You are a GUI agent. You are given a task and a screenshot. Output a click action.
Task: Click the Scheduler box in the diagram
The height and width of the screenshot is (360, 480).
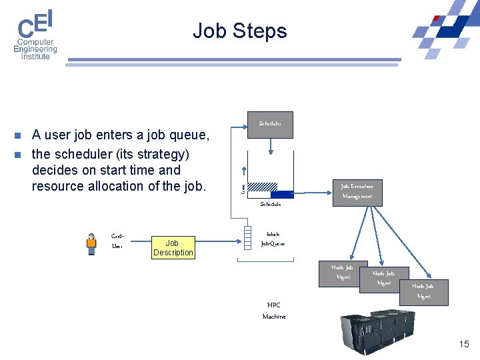pos(270,124)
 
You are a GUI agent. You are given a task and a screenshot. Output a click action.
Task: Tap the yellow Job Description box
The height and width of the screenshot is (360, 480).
pos(173,247)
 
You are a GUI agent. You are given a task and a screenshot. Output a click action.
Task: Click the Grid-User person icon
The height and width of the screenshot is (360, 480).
pos(92,244)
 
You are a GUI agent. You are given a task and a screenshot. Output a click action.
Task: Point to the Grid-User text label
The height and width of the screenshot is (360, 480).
pos(117,241)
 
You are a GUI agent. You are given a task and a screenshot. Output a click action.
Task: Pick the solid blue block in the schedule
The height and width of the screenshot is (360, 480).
pos(282,194)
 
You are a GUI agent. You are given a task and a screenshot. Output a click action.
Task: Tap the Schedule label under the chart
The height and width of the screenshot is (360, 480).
pos(270,204)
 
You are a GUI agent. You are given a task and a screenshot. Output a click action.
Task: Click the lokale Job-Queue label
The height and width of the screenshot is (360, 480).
pos(273,239)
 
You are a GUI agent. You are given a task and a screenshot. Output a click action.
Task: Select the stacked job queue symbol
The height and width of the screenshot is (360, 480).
pos(248,235)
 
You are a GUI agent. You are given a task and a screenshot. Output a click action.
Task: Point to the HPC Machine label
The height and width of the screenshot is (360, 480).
pos(273,311)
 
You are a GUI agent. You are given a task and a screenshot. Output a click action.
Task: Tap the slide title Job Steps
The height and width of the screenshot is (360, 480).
pos(239,31)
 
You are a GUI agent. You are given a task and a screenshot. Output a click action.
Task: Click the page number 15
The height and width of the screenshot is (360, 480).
pos(464,344)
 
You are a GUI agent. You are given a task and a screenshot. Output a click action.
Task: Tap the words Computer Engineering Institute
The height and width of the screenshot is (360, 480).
pos(35,49)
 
